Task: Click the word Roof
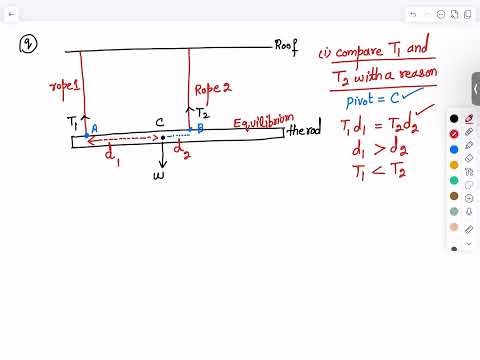point(287,46)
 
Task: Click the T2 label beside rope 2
point(203,113)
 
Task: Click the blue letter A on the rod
point(94,128)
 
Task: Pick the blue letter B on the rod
point(200,128)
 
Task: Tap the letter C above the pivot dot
point(160,123)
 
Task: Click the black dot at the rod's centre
point(163,137)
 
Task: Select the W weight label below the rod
point(158,175)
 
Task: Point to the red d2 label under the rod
point(182,152)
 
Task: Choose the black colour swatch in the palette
point(454,119)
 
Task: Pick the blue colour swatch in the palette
point(454,150)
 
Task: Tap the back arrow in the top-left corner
point(11,15)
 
